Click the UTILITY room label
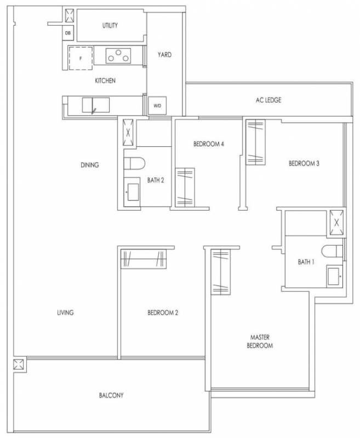[x=110, y=25]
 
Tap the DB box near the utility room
[x=67, y=33]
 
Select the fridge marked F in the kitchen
[x=81, y=59]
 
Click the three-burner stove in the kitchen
[x=118, y=56]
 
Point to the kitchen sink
[x=95, y=105]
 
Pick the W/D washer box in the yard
[x=157, y=106]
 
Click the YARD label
[x=164, y=54]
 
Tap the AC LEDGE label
[x=268, y=100]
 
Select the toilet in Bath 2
[x=134, y=163]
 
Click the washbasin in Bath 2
[x=133, y=192]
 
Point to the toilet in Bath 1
[x=332, y=251]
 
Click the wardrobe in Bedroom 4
[x=185, y=187]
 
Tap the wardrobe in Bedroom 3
[x=255, y=142]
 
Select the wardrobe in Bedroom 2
[x=144, y=259]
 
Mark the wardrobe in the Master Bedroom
[x=220, y=272]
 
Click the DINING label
[x=90, y=165]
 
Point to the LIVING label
[x=65, y=312]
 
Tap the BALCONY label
[x=111, y=395]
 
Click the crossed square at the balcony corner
[x=20, y=364]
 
